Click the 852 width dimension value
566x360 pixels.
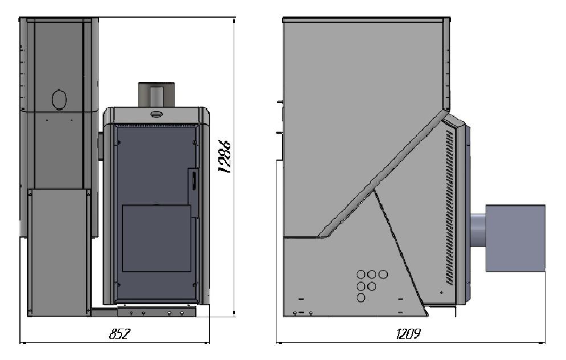(x=119, y=334)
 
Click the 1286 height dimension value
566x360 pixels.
(x=225, y=157)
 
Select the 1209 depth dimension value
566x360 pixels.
(x=408, y=334)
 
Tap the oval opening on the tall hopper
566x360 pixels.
(x=59, y=99)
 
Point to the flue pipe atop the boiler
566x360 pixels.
(x=157, y=95)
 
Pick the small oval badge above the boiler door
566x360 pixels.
(x=156, y=114)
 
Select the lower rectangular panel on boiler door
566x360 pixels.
(x=156, y=238)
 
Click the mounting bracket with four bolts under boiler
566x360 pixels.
(x=157, y=312)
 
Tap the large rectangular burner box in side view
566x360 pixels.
(x=515, y=238)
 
